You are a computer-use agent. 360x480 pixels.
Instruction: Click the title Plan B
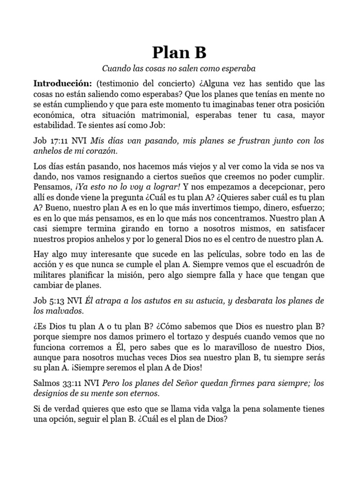pyautogui.click(x=180, y=52)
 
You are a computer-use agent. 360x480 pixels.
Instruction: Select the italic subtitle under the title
pyautogui.click(x=180, y=68)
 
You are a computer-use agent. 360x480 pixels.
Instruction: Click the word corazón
pyautogui.click(x=100, y=151)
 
